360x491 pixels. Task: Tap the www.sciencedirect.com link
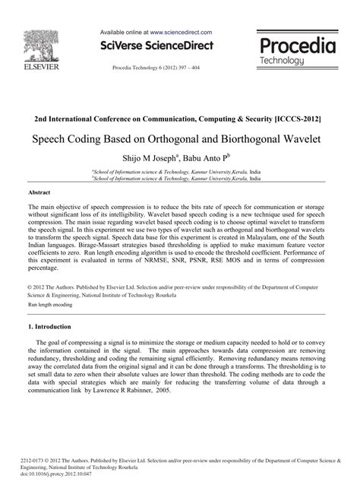(x=181, y=34)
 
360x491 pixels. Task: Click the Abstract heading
(x=39, y=193)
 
